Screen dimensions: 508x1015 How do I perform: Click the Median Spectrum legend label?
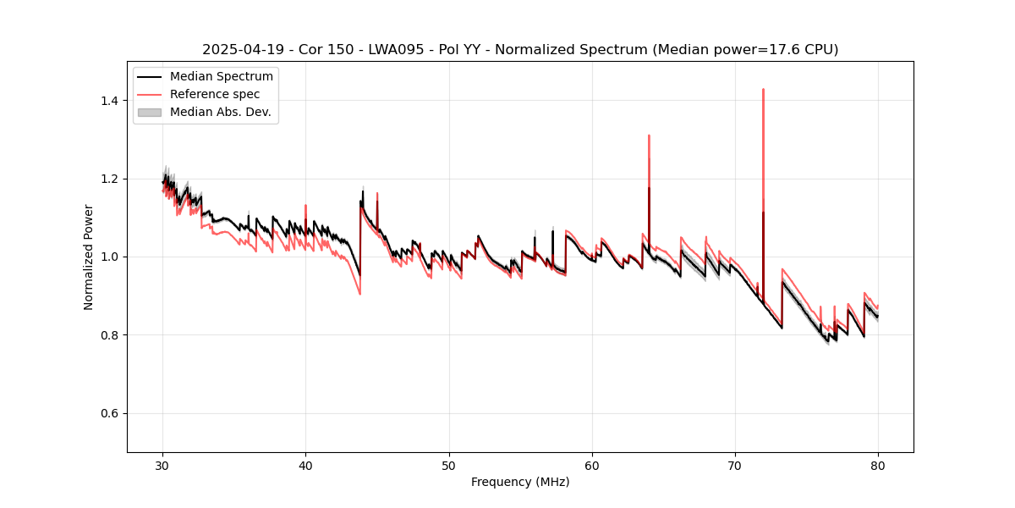coord(221,77)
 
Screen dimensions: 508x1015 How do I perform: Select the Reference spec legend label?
coord(215,94)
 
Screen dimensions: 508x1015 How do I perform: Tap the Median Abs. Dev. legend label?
coord(220,112)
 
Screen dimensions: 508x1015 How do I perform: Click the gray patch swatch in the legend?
coord(149,112)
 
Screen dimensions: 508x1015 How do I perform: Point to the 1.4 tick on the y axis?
coord(112,101)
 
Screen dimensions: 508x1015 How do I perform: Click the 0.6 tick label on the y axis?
coord(112,413)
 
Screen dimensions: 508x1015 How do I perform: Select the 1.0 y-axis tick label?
coord(112,257)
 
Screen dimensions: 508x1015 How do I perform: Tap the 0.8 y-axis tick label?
coord(112,335)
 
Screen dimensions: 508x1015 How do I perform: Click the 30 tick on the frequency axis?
coord(163,465)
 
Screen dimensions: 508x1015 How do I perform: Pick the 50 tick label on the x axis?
coord(449,465)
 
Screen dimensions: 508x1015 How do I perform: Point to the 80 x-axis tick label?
coord(878,465)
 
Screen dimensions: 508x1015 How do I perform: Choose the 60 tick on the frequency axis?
coord(592,465)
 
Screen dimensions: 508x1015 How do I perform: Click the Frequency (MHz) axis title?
coord(520,482)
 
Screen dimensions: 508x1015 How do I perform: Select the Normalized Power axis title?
coord(89,257)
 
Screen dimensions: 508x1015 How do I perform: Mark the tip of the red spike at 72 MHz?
coord(763,89)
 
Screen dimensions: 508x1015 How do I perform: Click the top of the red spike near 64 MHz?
coord(649,135)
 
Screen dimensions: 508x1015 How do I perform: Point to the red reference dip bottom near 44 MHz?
coord(359,294)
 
